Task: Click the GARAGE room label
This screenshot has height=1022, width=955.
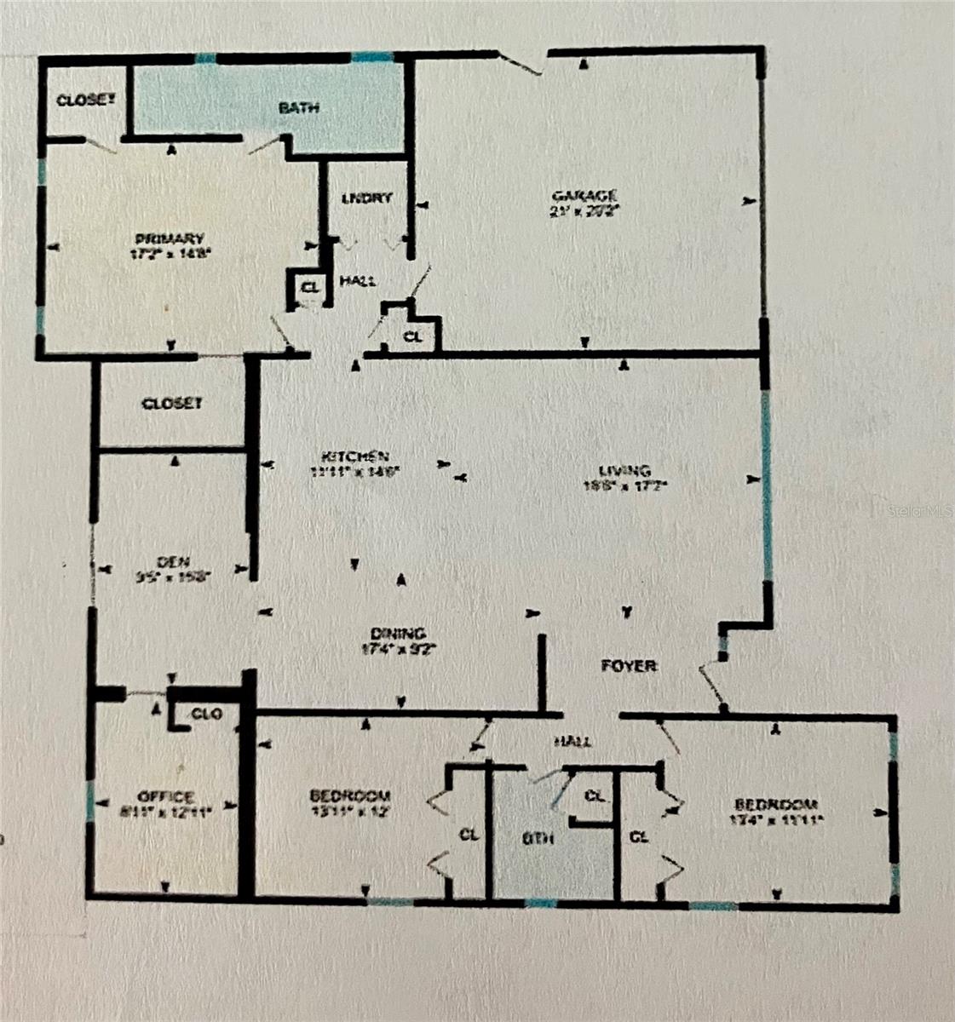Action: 584,195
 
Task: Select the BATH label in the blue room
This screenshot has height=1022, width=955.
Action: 299,108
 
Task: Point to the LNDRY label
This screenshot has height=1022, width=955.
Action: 366,198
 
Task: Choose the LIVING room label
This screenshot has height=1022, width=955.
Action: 624,470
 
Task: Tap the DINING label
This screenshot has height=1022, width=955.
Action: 398,633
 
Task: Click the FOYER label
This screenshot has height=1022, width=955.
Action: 629,665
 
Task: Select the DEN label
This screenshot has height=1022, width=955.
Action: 172,561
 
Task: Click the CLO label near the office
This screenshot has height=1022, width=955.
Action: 207,714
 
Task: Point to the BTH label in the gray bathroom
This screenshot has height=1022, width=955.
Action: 538,838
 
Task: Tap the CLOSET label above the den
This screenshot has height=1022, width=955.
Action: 172,403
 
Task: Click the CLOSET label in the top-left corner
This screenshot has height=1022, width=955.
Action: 85,100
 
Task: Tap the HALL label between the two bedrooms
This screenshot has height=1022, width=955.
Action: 572,742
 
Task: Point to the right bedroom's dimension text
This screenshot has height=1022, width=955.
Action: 775,820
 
